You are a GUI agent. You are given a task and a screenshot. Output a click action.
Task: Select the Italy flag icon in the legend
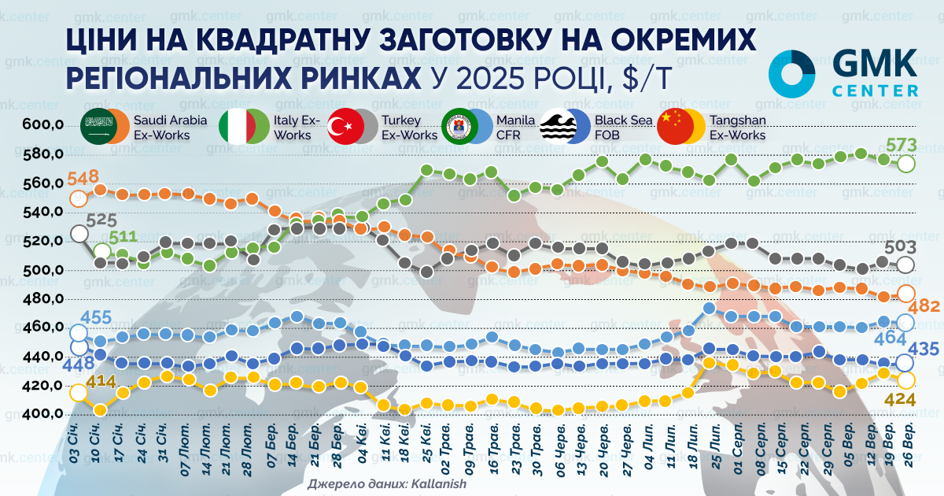pyautogui.click(x=236, y=126)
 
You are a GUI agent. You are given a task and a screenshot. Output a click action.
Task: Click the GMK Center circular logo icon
pyautogui.click(x=792, y=75)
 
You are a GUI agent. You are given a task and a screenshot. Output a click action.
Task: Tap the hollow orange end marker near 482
pyautogui.click(x=905, y=293)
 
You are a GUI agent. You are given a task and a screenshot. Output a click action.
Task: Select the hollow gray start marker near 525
pyautogui.click(x=79, y=233)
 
